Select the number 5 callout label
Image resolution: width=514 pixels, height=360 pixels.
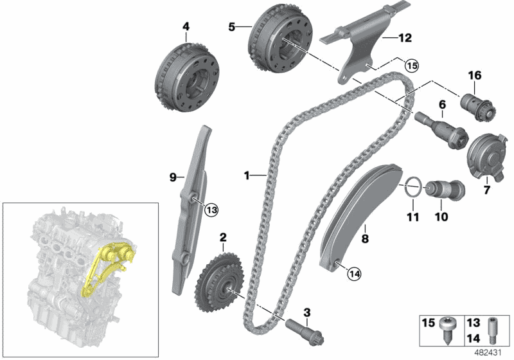232,26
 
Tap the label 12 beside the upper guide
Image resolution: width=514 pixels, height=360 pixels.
404,38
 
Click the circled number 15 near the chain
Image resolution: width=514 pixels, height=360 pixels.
411,64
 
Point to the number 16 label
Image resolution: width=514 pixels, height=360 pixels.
475,76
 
